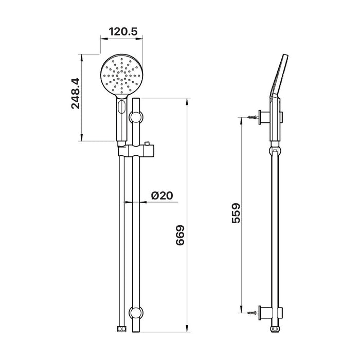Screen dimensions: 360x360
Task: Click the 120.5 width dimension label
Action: pyautogui.click(x=123, y=32)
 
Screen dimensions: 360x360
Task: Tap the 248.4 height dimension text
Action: pyautogui.click(x=75, y=94)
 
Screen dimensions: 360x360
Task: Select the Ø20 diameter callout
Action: pyautogui.click(x=162, y=195)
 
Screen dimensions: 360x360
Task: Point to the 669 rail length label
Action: pyautogui.click(x=180, y=236)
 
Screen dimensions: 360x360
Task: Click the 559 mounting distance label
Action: pyautogui.click(x=236, y=213)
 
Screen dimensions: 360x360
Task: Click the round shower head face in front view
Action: pyautogui.click(x=121, y=75)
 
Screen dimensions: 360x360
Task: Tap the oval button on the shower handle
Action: pyautogui.click(x=122, y=107)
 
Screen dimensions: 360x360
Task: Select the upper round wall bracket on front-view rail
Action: pyautogui.click(x=136, y=118)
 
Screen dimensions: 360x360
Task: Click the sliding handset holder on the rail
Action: pyautogui.click(x=136, y=150)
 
